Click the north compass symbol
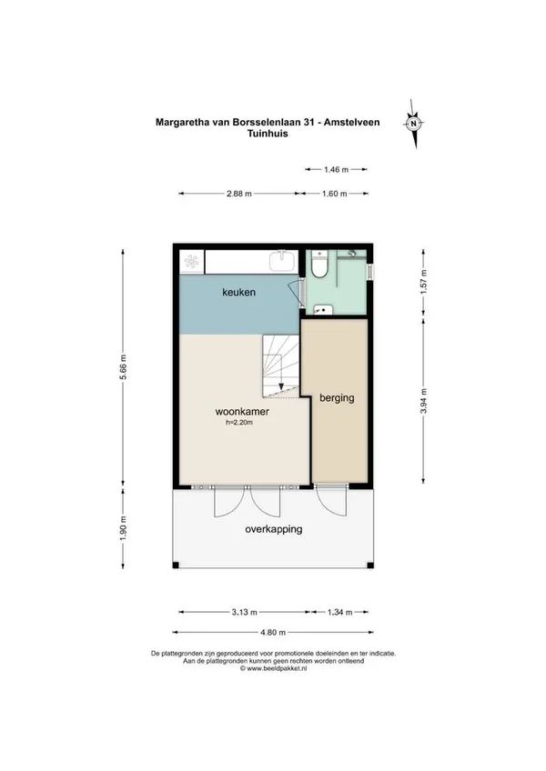click(x=414, y=124)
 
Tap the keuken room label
click(x=238, y=292)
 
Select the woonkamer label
click(x=242, y=412)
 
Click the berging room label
click(x=337, y=398)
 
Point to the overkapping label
click(x=274, y=529)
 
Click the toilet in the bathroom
click(x=320, y=265)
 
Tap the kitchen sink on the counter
click(x=283, y=261)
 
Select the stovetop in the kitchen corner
click(x=191, y=261)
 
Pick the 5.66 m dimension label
click(x=124, y=366)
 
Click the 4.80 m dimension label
click(x=273, y=632)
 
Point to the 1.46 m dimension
click(x=337, y=170)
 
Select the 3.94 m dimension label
click(x=423, y=401)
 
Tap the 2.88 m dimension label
click(x=238, y=194)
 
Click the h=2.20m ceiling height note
click(x=239, y=423)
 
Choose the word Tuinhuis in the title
click(x=268, y=134)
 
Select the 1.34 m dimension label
click(x=339, y=612)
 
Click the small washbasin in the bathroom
click(x=323, y=310)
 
